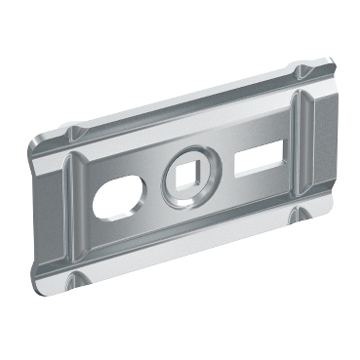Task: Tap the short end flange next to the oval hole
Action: click(41, 210)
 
